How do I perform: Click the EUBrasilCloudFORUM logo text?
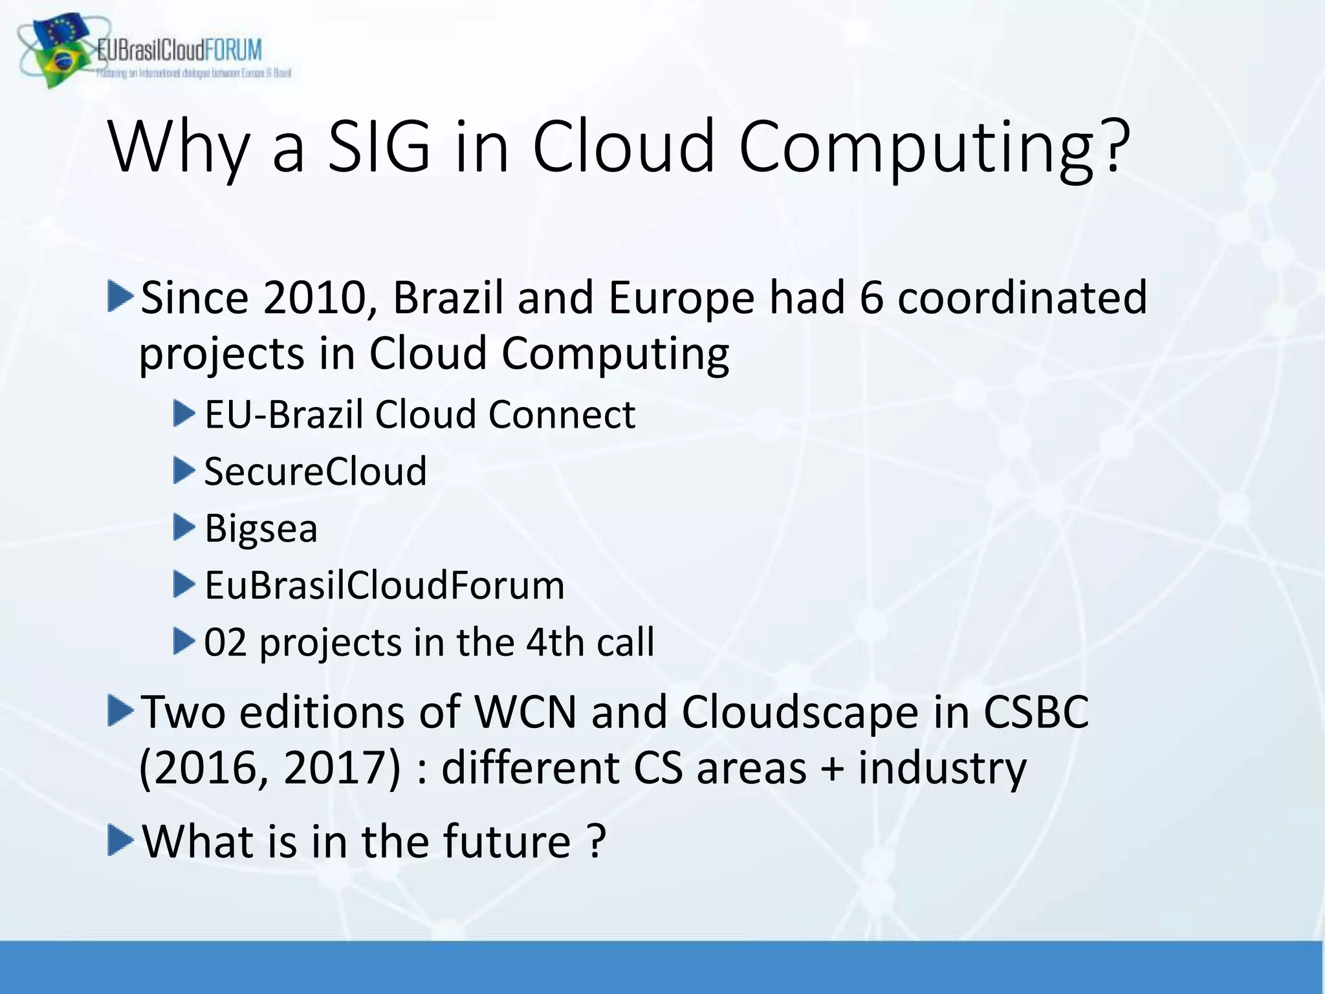coord(179,50)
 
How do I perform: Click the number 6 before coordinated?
coord(871,298)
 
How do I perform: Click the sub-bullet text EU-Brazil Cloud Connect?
coord(420,415)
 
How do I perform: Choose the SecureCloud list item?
coord(315,472)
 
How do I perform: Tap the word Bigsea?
coord(261,529)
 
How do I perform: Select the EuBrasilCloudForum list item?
coord(384,586)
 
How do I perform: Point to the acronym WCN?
coord(525,712)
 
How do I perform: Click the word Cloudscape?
coord(800,712)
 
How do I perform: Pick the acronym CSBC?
coord(1036,712)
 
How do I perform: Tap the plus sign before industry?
coord(832,769)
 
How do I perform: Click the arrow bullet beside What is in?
coord(120,841)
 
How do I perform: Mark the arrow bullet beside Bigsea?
coord(184,528)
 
